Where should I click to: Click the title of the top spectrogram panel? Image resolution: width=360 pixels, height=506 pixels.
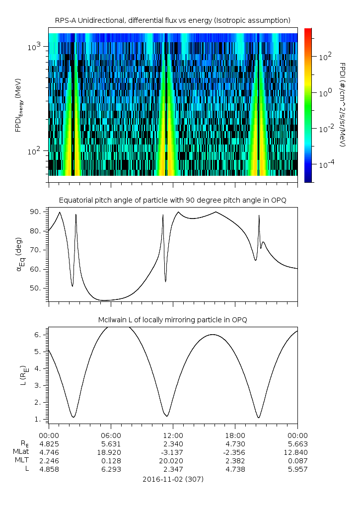click(172, 20)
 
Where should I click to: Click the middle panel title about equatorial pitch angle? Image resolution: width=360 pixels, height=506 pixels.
click(172, 200)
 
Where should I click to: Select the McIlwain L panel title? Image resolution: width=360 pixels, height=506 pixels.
click(172, 320)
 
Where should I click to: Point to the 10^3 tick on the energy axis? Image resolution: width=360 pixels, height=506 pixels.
click(37, 47)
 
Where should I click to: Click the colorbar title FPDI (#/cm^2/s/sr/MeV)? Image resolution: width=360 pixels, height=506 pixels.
click(342, 104)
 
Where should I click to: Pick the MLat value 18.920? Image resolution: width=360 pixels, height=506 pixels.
click(111, 452)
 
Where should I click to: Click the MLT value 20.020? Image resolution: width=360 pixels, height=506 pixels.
click(173, 461)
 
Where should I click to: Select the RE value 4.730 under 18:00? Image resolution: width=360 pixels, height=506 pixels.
click(235, 443)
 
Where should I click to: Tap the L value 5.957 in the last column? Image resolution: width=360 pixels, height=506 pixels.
click(297, 469)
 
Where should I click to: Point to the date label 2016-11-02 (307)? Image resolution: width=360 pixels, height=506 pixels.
click(172, 479)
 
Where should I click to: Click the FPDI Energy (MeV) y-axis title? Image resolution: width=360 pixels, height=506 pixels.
click(18, 104)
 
